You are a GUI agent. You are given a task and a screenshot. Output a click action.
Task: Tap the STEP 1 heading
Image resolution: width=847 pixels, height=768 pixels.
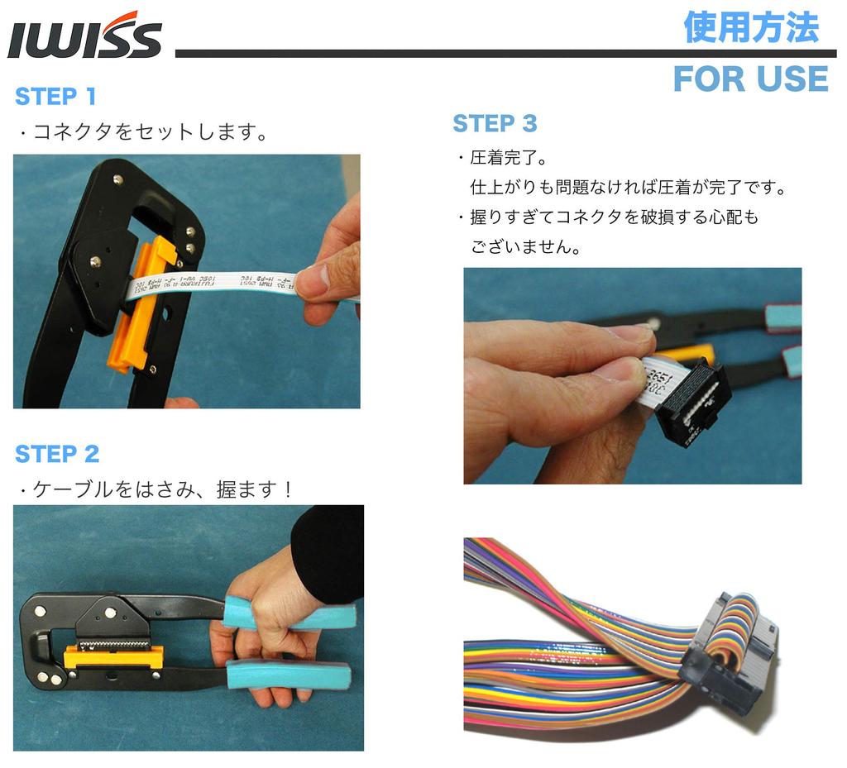pyautogui.click(x=55, y=97)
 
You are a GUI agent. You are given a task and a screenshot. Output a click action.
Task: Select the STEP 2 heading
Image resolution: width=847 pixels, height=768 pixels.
pyautogui.click(x=57, y=454)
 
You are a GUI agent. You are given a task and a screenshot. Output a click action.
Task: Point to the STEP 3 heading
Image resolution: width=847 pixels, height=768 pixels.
pyautogui.click(x=495, y=124)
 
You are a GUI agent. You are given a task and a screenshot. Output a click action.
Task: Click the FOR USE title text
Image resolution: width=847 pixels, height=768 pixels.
pyautogui.click(x=750, y=79)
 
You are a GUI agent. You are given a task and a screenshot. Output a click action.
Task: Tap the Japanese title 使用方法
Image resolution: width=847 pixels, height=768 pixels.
pyautogui.click(x=751, y=27)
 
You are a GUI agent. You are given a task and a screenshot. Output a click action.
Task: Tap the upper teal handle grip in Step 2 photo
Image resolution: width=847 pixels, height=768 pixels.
pyautogui.click(x=290, y=616)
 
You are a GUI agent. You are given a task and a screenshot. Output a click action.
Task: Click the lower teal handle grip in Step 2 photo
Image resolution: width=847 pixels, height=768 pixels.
pyautogui.click(x=290, y=674)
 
